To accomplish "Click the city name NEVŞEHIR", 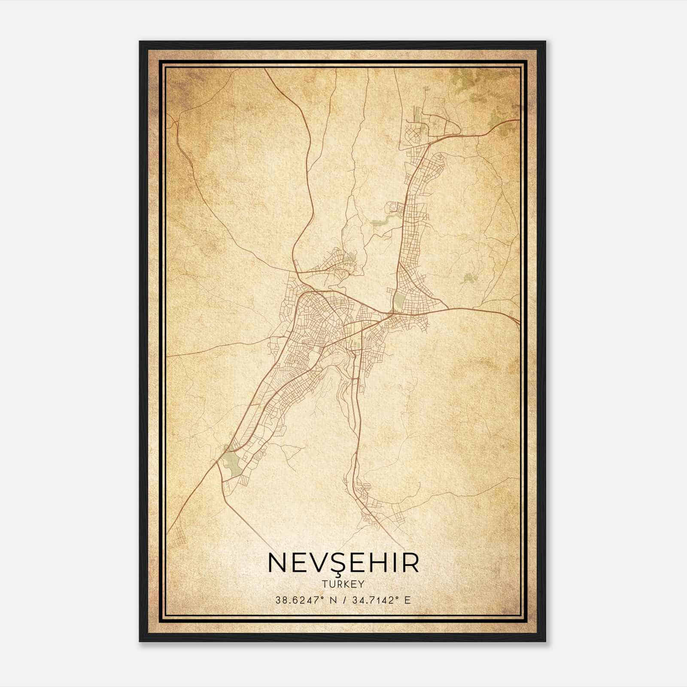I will point(343,563).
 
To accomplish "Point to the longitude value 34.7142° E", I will point(381,600).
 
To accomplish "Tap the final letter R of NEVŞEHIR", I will point(410,563).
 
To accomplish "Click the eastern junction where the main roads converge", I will point(390,313).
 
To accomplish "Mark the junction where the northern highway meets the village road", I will point(296,272).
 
